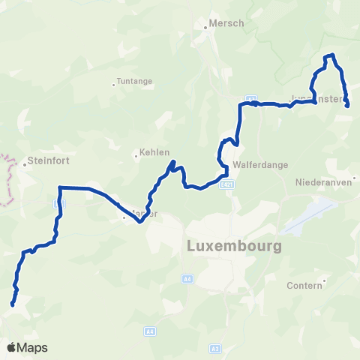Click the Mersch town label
[228, 23]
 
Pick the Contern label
[304, 286]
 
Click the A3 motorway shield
[215, 328]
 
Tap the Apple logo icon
[11, 347]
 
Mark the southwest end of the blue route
[13, 304]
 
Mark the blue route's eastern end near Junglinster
[348, 106]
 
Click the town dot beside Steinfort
[23, 160]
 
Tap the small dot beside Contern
[323, 284]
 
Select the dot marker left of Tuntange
[113, 84]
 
